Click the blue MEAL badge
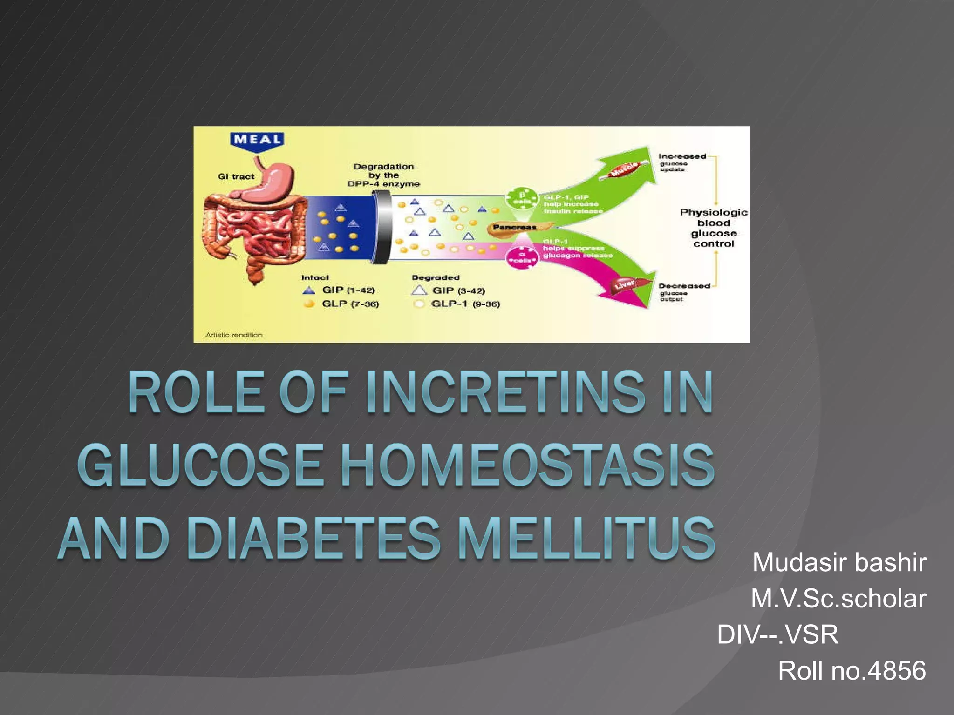[x=257, y=140]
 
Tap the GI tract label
[x=236, y=177]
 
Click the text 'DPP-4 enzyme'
[x=383, y=184]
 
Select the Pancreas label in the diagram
[x=514, y=227]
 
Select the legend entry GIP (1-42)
[x=348, y=290]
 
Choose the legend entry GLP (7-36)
[x=350, y=304]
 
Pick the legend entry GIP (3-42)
[x=458, y=291]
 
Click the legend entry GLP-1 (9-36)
[x=465, y=304]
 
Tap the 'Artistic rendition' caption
[x=234, y=335]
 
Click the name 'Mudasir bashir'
[x=839, y=562]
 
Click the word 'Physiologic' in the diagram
[x=713, y=213]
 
